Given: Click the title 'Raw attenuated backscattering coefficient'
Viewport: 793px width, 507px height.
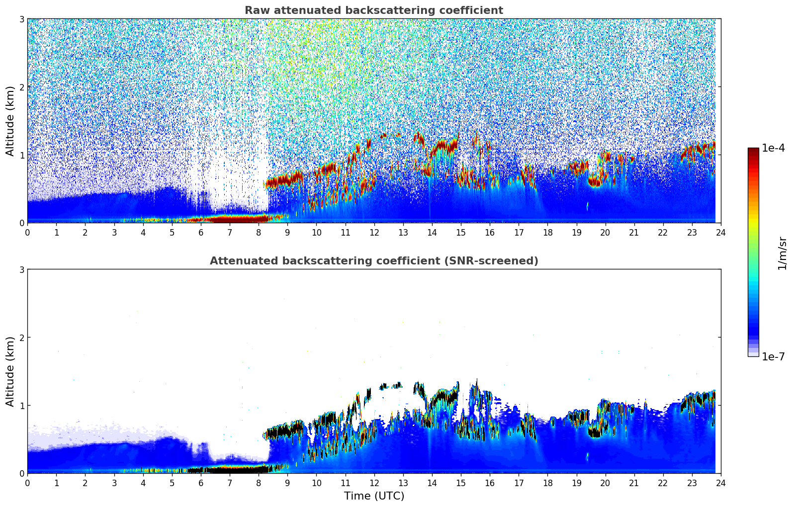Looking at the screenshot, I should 373,10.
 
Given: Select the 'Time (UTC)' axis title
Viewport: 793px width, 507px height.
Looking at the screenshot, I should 374,496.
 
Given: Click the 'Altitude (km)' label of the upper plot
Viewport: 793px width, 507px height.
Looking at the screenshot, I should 10,121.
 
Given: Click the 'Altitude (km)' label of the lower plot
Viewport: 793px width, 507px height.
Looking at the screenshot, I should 10,371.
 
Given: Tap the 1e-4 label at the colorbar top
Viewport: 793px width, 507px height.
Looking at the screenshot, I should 773,148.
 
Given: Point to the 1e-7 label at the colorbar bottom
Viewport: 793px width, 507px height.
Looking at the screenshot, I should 773,356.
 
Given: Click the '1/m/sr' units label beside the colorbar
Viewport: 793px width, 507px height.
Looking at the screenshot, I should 782,253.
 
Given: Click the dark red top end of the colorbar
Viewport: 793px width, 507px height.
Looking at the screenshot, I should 753,151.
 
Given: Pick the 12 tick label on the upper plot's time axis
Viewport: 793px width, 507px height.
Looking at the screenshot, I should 374,232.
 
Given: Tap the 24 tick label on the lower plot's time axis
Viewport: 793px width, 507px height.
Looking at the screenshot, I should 720,483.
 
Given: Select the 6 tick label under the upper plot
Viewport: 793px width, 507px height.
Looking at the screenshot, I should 201,232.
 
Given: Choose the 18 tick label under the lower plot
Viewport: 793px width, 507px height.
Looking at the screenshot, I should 547,483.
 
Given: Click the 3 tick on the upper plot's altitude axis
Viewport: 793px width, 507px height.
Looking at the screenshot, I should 21,19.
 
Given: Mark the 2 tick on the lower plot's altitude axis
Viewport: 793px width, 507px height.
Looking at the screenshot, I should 21,338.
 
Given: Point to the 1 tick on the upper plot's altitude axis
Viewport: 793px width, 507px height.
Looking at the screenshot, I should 21,155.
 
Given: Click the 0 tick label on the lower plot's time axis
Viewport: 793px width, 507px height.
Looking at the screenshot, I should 27,483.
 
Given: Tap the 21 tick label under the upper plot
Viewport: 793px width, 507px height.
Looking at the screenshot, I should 634,232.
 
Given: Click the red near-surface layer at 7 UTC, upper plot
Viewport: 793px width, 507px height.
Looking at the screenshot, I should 230,219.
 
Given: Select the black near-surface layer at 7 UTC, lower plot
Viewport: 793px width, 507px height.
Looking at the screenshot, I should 230,469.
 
